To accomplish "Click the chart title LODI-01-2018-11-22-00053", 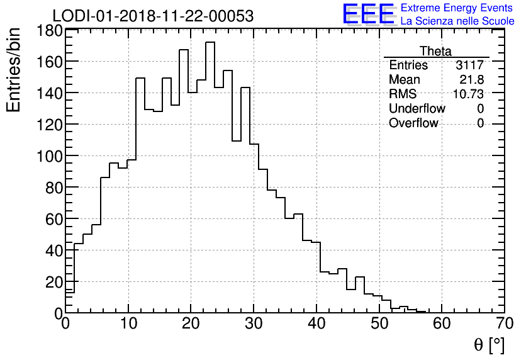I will [x=153, y=16].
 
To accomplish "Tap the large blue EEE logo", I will [x=368, y=14].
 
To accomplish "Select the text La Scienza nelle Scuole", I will [x=457, y=21].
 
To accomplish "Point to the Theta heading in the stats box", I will [x=435, y=51].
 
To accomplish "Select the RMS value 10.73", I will [x=468, y=94].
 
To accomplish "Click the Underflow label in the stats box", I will [x=417, y=109].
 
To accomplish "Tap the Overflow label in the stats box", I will [x=413, y=123].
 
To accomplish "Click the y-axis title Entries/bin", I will [x=14, y=69].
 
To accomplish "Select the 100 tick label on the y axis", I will [x=48, y=156].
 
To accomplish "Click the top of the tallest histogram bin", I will [x=210, y=43].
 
